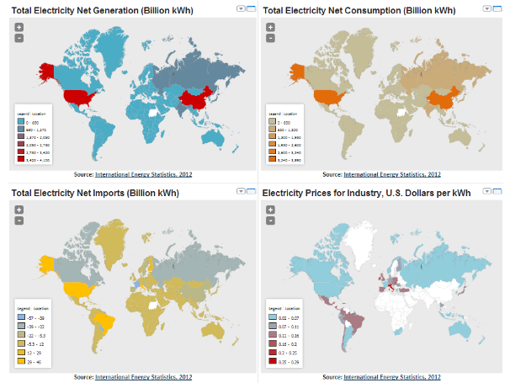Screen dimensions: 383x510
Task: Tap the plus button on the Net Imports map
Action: (x=19, y=210)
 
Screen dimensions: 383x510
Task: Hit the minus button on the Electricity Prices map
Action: (x=270, y=221)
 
